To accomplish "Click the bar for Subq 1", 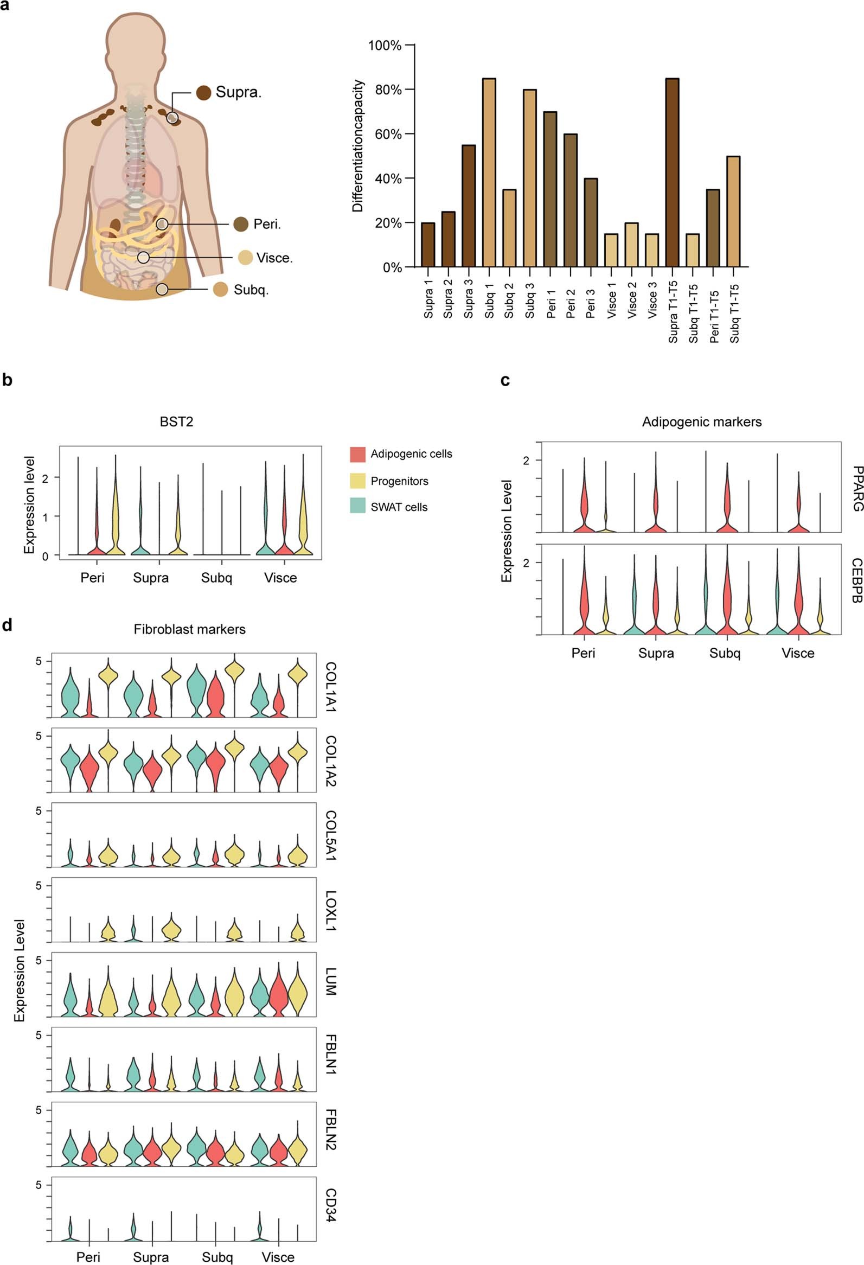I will point(489,173).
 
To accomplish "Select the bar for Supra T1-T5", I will point(672,173).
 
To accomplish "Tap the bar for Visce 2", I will point(631,245).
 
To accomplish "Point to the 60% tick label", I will point(388,135).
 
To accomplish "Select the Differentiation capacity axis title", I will point(357,146).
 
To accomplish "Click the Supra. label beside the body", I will point(238,92).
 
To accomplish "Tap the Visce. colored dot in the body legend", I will point(245,258).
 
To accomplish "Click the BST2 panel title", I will point(176,422).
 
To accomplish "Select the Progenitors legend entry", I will point(399,481).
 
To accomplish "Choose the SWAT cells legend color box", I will point(357,507).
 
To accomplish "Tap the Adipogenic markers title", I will point(701,422).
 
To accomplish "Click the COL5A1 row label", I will point(330,835).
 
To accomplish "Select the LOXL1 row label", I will point(330,911).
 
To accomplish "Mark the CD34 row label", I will point(330,1205).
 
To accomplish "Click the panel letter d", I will point(7,625).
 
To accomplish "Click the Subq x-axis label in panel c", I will point(724,653).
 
